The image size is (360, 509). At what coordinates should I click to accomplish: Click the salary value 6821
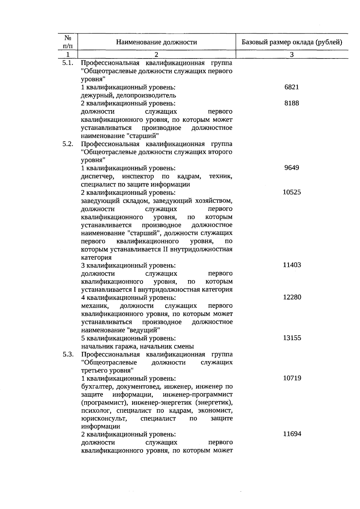(292, 87)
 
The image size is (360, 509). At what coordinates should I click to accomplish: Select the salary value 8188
(292, 103)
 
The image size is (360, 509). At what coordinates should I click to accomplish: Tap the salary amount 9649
(292, 168)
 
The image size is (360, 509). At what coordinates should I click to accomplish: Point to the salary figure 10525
(292, 192)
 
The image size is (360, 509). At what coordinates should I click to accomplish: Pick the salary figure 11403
(292, 265)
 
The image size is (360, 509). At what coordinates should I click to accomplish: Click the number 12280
(292, 297)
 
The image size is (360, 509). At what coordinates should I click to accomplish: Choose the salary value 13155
(292, 338)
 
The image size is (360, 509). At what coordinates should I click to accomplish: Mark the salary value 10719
(292, 378)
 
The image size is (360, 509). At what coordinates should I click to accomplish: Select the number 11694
(292, 434)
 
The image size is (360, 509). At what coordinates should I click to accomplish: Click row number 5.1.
(68, 63)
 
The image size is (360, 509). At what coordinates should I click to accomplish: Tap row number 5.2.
(68, 144)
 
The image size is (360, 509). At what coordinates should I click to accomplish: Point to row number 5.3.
(68, 355)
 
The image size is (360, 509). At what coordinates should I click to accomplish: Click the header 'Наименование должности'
(157, 42)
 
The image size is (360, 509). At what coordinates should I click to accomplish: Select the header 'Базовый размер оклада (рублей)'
(292, 42)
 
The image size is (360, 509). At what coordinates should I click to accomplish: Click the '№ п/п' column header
(68, 42)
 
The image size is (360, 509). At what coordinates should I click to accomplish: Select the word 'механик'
(95, 306)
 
